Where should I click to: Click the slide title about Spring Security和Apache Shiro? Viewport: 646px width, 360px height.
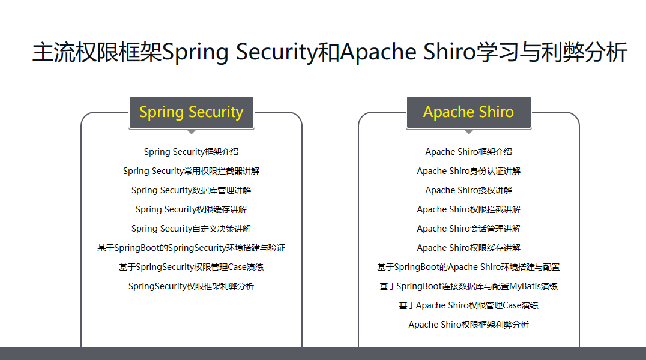click(330, 52)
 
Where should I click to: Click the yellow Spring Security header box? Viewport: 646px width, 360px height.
click(192, 112)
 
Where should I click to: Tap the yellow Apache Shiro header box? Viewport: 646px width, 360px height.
click(469, 112)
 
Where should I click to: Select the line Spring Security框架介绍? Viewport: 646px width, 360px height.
click(191, 152)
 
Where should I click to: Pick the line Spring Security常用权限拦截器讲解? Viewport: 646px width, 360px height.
click(191, 172)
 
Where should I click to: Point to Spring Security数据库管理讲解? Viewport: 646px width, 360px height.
click(191, 190)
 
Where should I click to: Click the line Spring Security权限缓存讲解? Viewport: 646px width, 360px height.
click(191, 209)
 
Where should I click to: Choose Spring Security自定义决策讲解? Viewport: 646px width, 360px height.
click(191, 229)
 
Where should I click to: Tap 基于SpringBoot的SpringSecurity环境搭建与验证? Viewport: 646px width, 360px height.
click(191, 248)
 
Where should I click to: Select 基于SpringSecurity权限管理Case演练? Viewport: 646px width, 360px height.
click(191, 268)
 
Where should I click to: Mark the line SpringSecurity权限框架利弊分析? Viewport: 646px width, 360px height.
click(191, 286)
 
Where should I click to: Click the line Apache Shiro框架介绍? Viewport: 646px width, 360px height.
click(468, 152)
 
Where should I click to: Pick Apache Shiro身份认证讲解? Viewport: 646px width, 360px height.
click(468, 172)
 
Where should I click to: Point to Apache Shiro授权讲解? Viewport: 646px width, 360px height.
click(468, 190)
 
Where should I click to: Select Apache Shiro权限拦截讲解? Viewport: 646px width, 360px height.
click(468, 209)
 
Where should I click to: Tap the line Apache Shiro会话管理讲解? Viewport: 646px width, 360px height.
click(468, 229)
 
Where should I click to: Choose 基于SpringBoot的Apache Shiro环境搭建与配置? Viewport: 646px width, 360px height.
click(468, 268)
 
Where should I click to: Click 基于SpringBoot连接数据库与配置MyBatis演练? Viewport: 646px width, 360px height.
click(468, 286)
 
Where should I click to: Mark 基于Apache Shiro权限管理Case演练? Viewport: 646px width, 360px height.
click(468, 305)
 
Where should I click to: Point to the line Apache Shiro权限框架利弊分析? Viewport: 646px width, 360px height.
click(468, 325)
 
